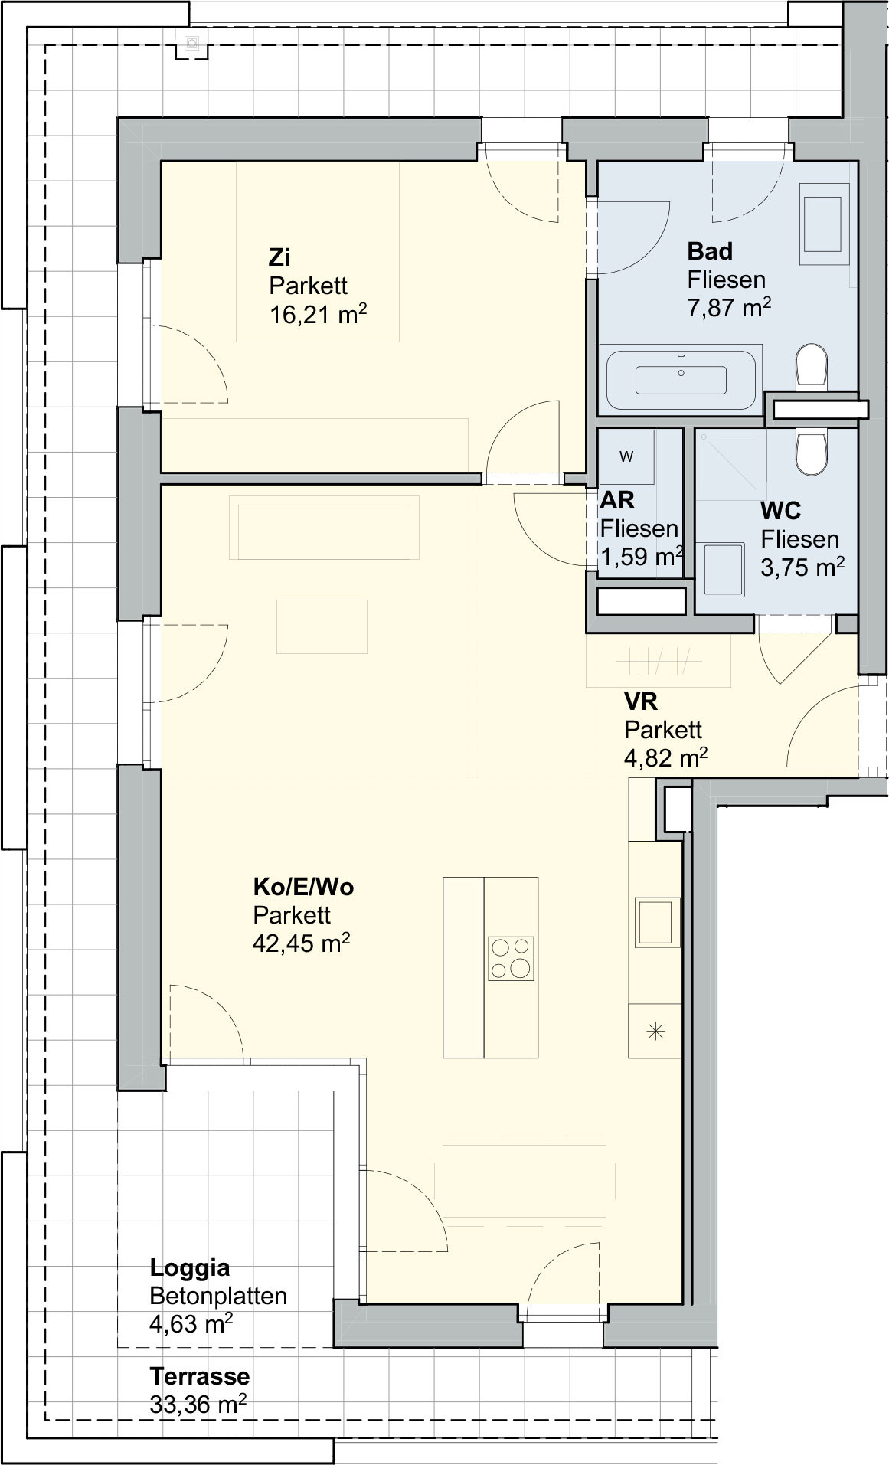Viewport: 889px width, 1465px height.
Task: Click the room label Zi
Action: pos(279,257)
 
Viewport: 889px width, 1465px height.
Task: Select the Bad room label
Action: pos(710,250)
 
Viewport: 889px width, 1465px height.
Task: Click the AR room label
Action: pos(617,500)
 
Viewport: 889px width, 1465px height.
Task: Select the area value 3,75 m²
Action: pos(802,567)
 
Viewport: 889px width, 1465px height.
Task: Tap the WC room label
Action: pos(781,511)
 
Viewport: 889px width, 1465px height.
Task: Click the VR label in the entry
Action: pos(641,701)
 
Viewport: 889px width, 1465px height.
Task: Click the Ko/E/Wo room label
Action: pos(303,887)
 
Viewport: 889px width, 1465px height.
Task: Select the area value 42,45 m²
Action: pos(302,942)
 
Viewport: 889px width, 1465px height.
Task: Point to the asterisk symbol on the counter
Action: pos(655,1032)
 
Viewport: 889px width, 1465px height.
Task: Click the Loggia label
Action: pos(190,1267)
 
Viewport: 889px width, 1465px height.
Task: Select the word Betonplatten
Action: pos(218,1296)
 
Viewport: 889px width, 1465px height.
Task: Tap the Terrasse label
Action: pos(200,1376)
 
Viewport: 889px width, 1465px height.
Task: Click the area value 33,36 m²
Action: pos(198,1404)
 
